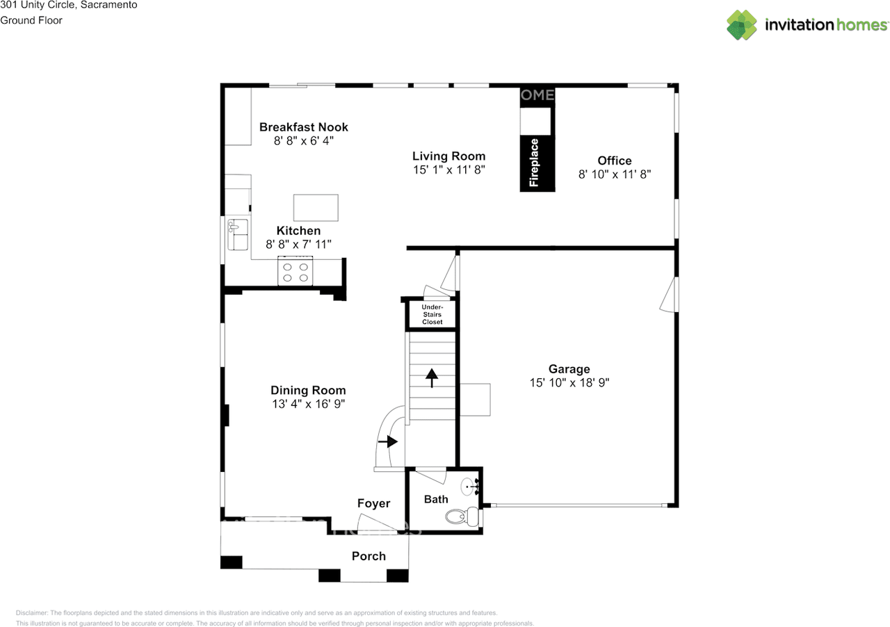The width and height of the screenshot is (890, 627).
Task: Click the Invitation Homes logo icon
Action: (742, 25)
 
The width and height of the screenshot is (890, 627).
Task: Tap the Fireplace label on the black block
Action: (534, 163)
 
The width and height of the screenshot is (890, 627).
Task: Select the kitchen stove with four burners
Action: (296, 272)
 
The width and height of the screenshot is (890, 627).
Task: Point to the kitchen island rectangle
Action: (316, 207)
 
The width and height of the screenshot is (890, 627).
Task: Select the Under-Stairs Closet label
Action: (432, 314)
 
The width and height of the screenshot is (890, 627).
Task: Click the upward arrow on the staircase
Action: (432, 377)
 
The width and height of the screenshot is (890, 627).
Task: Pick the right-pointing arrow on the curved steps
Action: (388, 441)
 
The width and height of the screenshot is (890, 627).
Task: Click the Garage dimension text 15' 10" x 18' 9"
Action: (569, 382)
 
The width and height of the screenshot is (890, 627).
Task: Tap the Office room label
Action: (615, 161)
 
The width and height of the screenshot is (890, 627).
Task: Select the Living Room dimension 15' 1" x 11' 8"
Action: (448, 170)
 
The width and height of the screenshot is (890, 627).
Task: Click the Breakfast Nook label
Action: (304, 127)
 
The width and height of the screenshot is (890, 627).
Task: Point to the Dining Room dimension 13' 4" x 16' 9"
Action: (308, 404)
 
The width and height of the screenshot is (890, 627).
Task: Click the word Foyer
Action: (373, 503)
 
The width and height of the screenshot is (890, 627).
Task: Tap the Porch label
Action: (369, 556)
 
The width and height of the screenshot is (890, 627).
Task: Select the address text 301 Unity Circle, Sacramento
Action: (68, 6)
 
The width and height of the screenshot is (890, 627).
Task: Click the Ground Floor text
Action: (31, 21)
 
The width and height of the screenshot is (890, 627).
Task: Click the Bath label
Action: (436, 499)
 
